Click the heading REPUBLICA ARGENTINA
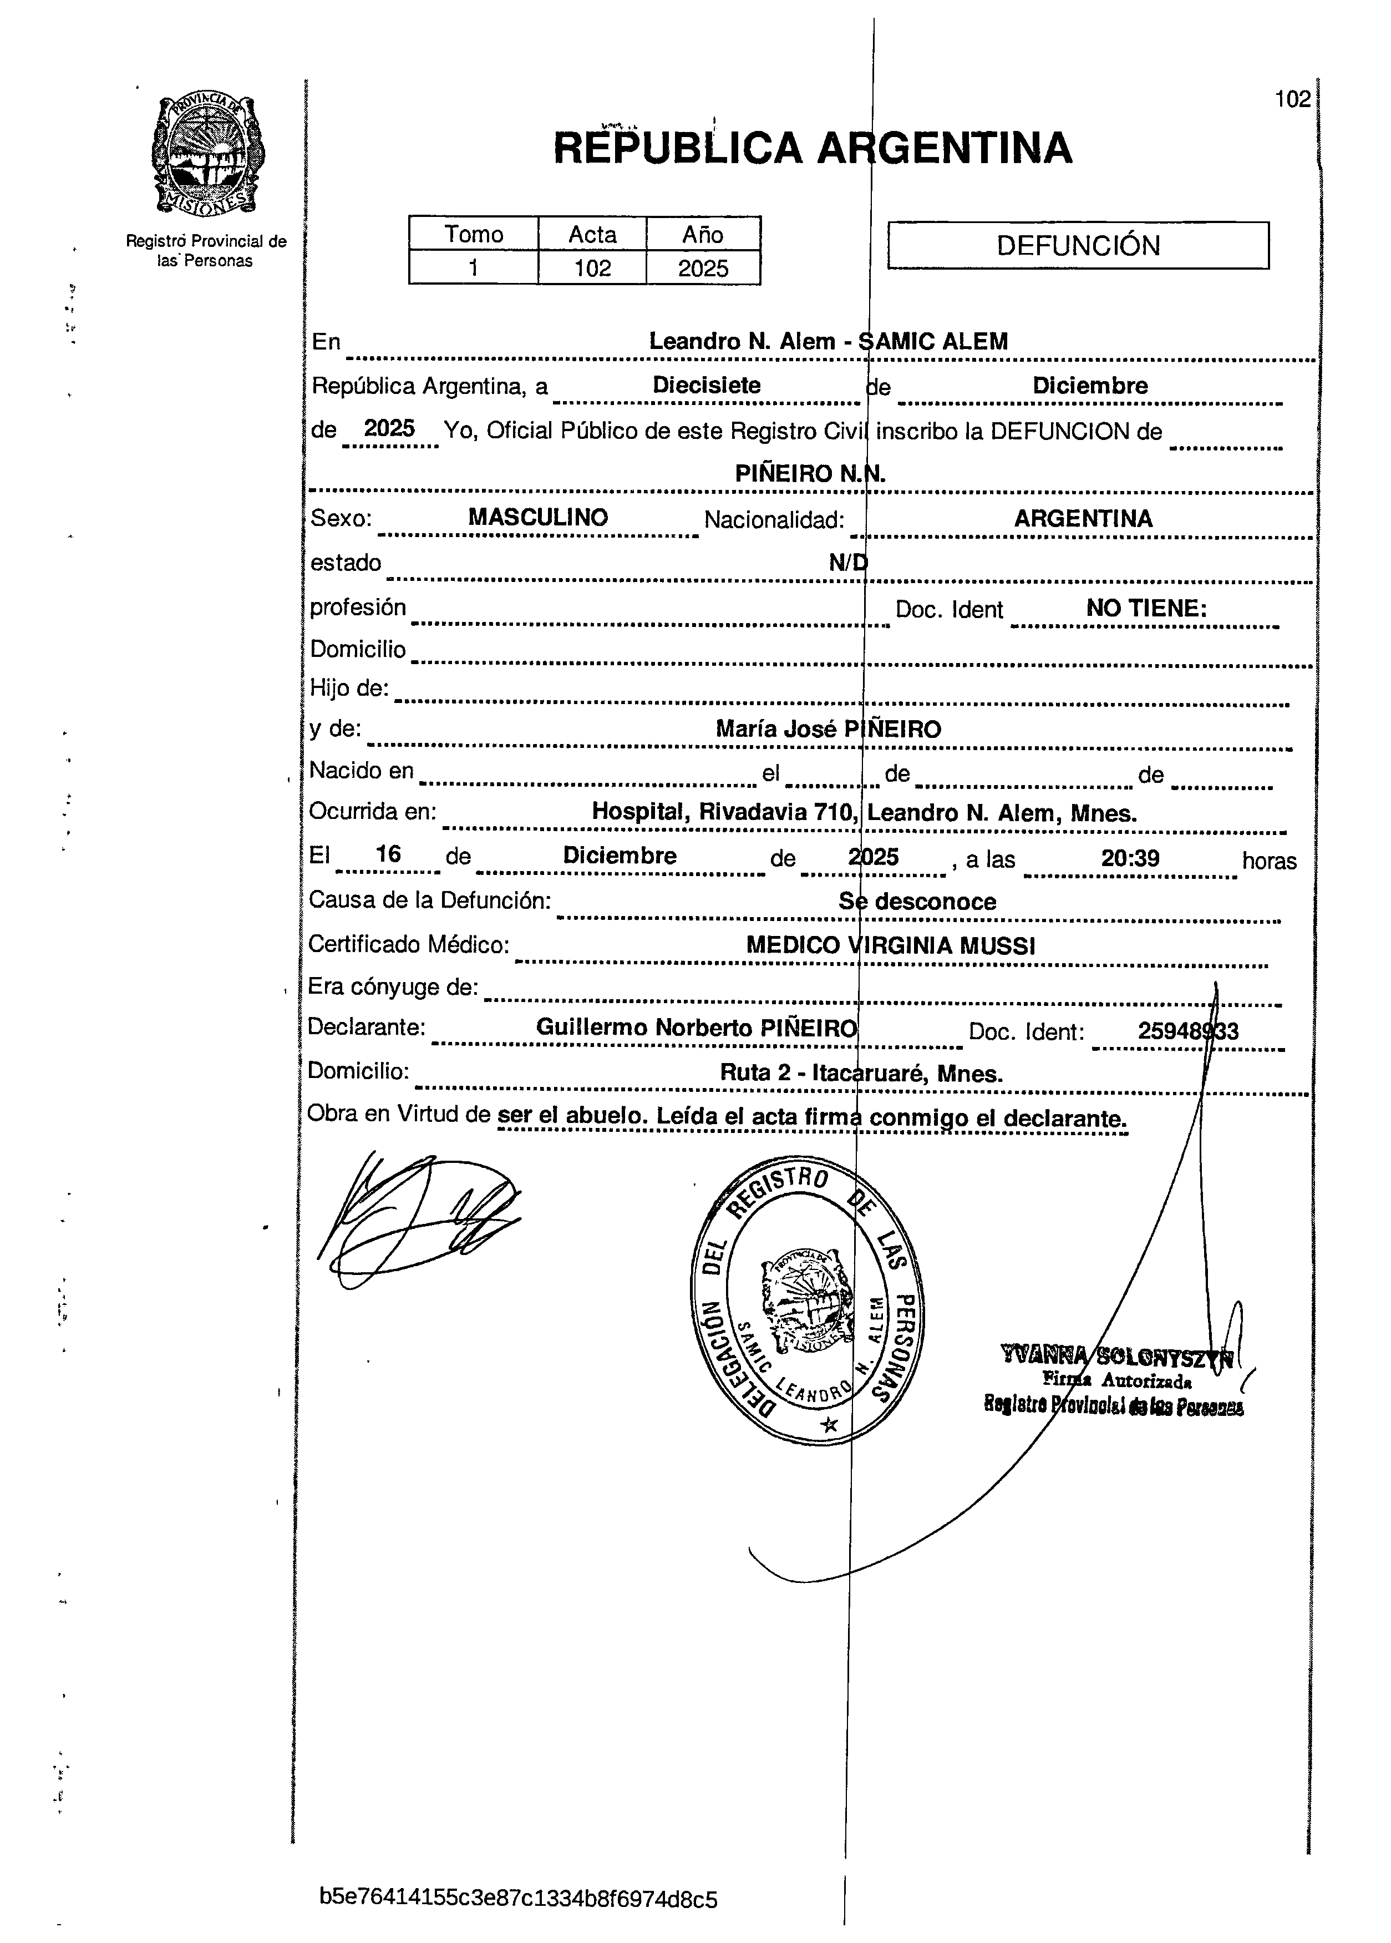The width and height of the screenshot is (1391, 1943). (x=812, y=148)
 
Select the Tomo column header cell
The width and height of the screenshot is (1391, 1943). (x=474, y=234)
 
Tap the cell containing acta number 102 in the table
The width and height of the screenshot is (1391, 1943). (x=592, y=268)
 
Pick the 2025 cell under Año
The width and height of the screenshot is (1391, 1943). (x=703, y=268)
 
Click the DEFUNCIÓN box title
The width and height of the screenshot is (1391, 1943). (x=1078, y=246)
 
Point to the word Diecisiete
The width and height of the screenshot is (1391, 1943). (x=707, y=386)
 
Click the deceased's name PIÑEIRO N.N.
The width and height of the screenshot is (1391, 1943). (x=810, y=474)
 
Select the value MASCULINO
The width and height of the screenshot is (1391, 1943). (x=538, y=518)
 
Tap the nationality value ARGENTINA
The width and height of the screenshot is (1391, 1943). (x=1083, y=518)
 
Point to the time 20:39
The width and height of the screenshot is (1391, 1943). (x=1130, y=858)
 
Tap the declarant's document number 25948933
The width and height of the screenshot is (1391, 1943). (x=1187, y=1031)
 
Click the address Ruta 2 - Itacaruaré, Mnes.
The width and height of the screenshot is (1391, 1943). (x=861, y=1074)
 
